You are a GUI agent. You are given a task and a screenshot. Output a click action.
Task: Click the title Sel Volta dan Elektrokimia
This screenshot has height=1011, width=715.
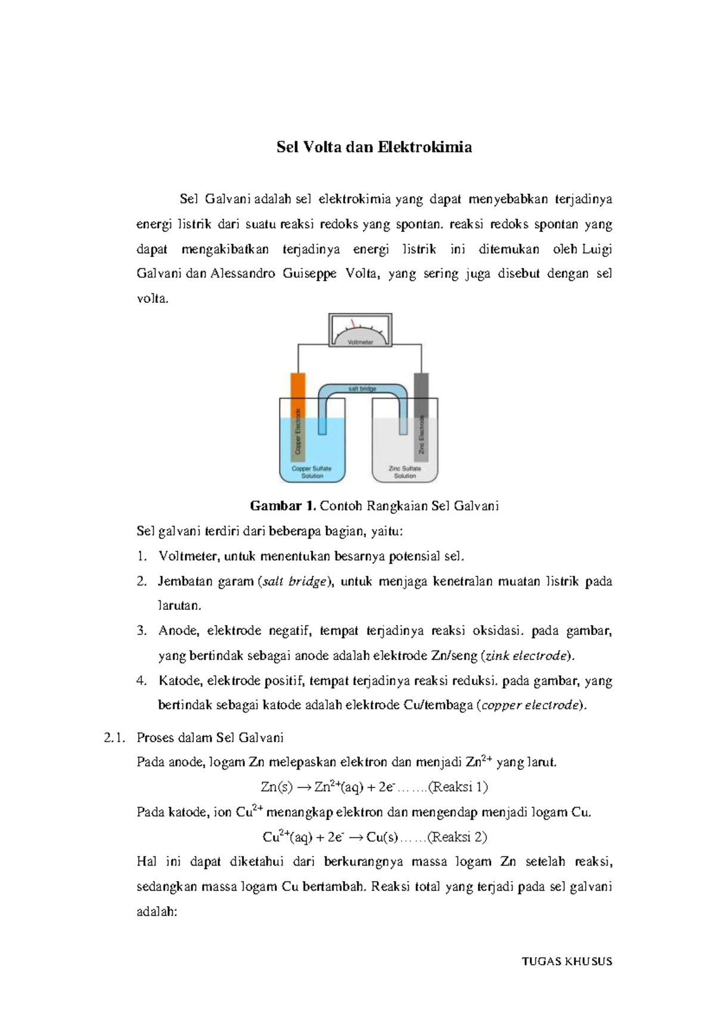point(374,147)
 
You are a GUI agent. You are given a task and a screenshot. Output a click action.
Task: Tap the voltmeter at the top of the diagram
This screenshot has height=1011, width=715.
point(360,330)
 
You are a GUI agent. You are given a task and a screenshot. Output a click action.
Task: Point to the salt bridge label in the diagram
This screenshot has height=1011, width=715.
point(362,389)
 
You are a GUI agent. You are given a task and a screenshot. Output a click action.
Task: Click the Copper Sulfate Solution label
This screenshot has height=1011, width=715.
point(312,472)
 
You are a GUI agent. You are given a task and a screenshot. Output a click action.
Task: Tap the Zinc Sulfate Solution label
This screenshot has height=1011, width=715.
point(405,472)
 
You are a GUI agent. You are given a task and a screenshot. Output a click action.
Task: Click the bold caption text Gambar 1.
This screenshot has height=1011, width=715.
point(282,506)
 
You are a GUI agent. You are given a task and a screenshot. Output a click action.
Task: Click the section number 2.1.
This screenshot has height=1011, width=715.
point(114,737)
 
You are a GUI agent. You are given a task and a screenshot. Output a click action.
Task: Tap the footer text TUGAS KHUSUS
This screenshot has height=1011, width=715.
point(567,961)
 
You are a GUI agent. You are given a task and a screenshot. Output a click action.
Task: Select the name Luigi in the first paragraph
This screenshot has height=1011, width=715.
point(597,249)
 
